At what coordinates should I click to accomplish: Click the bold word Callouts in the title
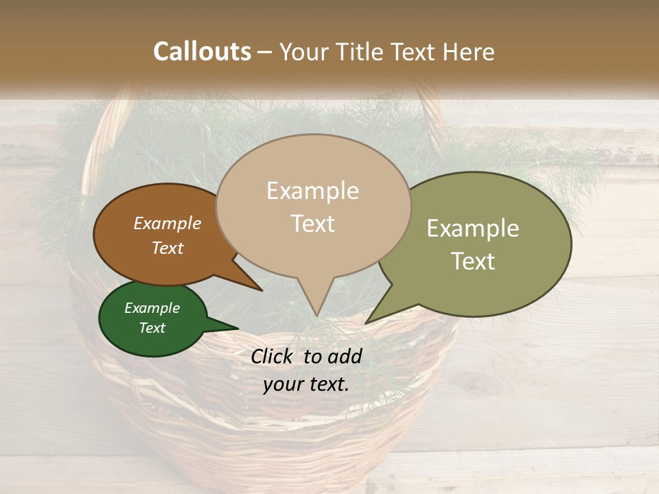(x=202, y=51)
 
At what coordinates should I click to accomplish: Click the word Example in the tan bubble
(x=312, y=191)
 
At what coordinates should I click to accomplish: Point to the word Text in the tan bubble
(x=312, y=224)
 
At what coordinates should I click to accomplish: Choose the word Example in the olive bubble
(x=473, y=228)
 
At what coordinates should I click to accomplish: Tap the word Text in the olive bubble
(x=473, y=261)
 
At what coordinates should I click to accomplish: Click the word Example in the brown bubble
(x=167, y=223)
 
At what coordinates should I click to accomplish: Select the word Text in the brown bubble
(x=167, y=248)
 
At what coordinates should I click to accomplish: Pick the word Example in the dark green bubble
(x=152, y=308)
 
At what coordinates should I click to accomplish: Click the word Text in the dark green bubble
(x=152, y=328)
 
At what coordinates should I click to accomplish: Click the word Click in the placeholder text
(x=273, y=356)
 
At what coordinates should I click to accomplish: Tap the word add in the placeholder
(x=345, y=356)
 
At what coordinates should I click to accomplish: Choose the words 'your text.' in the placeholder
(x=306, y=384)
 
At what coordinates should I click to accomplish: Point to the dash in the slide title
(x=266, y=52)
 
